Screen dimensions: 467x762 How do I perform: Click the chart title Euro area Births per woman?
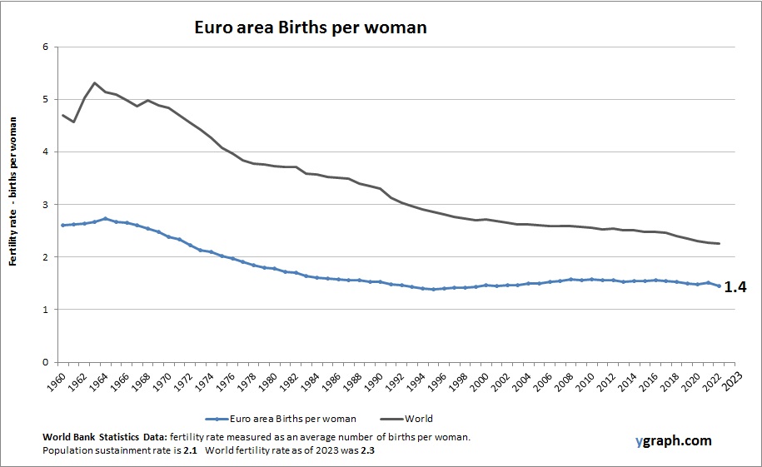(311, 27)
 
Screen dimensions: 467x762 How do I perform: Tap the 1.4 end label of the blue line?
(734, 287)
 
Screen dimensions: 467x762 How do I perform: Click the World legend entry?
(420, 419)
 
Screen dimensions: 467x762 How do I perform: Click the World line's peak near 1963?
(95, 82)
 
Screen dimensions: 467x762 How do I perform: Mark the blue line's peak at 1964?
(106, 219)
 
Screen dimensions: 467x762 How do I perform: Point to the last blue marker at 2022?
(719, 286)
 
